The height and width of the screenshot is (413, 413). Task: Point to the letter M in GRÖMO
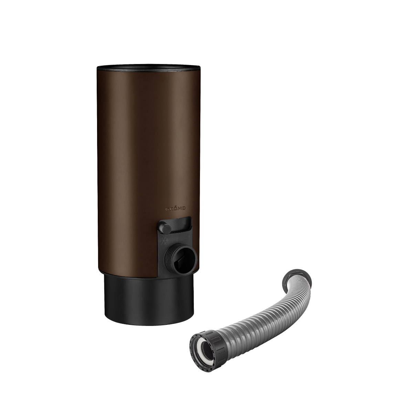pos(180,208)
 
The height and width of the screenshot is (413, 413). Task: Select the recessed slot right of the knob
pos(182,224)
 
